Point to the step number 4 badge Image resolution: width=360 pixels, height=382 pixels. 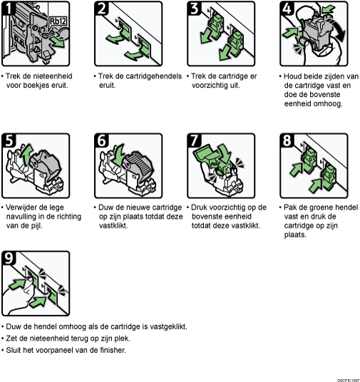tap(287, 9)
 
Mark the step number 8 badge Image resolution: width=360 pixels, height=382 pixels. tap(287, 140)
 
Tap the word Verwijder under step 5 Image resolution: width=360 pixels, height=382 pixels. tap(23, 207)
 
